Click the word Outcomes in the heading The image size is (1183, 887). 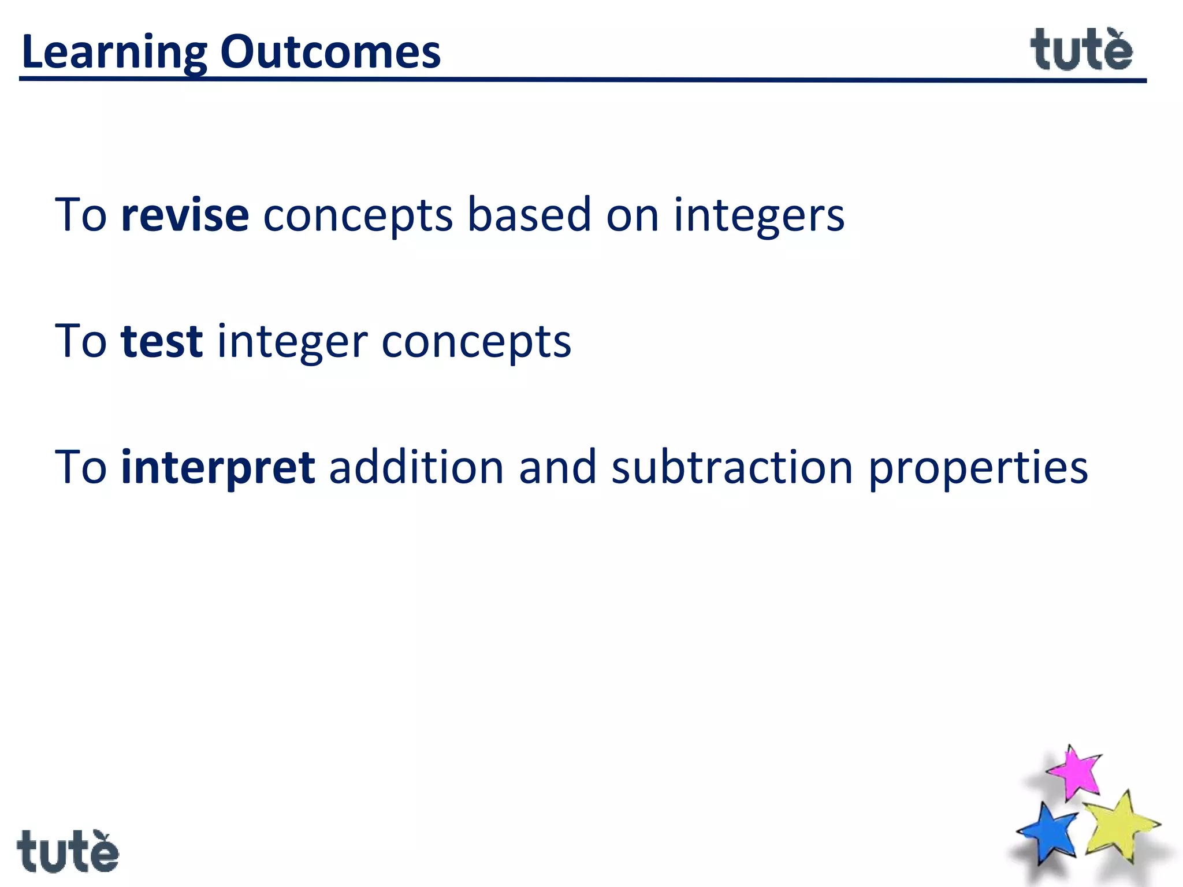click(330, 52)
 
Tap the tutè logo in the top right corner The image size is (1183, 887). click(1081, 51)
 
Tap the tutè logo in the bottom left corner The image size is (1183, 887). click(68, 851)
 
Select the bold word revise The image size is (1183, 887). click(185, 215)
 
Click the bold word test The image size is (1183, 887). click(162, 341)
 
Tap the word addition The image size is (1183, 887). click(416, 467)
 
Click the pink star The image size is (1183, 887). click(1074, 773)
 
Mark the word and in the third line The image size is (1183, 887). click(557, 467)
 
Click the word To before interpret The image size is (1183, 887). click(81, 467)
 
